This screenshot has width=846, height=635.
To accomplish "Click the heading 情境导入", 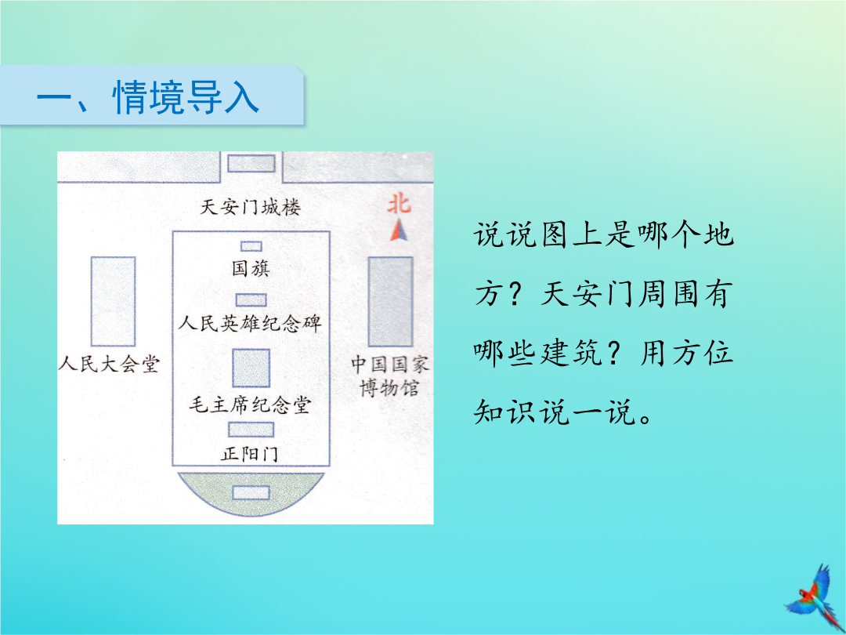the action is point(186,97).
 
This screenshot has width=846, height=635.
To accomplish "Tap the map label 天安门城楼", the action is point(251,207).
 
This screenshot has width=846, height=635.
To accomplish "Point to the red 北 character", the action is point(399,204).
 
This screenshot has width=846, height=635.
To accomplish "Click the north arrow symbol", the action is point(399,230).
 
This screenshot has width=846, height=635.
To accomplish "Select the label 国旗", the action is point(251,268).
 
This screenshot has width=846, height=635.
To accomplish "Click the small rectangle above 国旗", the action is point(251,246).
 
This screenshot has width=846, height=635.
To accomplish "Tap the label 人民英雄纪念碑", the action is point(250,323).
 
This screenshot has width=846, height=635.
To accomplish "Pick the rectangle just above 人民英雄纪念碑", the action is point(251,299).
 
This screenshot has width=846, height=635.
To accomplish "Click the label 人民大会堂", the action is point(109,364).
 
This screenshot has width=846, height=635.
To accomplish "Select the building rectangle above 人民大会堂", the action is point(113,301).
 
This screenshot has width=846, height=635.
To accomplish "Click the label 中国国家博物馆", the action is point(390,376).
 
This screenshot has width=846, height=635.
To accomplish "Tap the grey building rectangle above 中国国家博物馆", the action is point(391,301).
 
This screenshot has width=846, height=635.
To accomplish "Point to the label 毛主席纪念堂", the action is point(250,405).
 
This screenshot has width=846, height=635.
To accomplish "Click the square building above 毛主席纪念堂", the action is point(251,368).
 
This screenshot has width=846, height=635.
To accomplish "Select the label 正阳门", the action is point(249,454).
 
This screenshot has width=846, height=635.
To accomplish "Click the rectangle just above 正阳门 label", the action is point(251,430).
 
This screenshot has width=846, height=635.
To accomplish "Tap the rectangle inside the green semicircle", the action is point(251,492).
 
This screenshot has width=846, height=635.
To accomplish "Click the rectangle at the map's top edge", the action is point(251,163).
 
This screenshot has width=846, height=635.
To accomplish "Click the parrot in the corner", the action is point(815,597).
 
